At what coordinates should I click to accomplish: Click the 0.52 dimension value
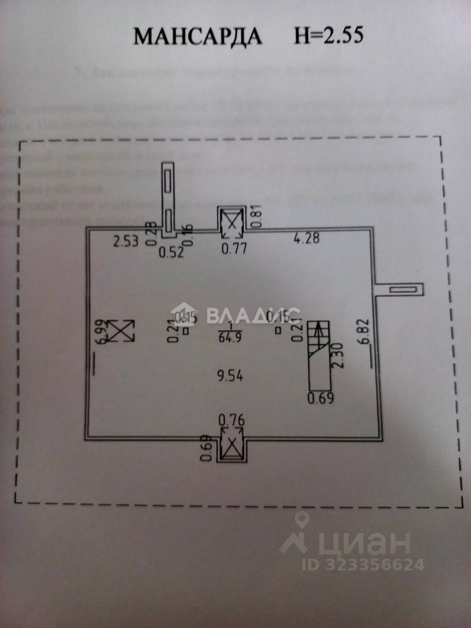(x=172, y=252)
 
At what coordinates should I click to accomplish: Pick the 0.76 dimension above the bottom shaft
(x=232, y=419)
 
